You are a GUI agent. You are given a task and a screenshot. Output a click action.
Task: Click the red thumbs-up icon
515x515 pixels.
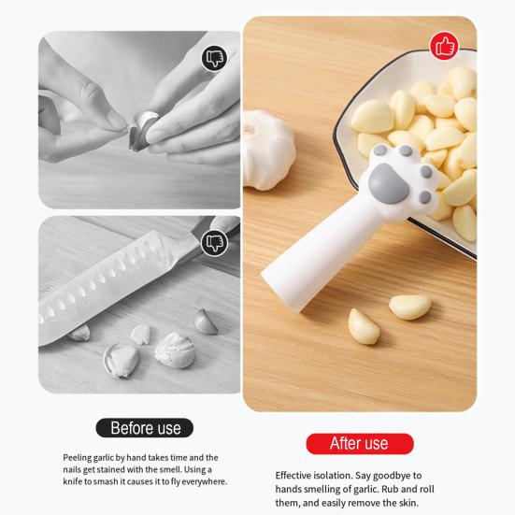click(x=444, y=46)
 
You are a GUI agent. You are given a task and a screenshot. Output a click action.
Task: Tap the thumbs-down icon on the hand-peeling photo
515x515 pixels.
click(x=214, y=59)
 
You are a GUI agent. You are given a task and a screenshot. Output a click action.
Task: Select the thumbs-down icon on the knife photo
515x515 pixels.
click(x=215, y=243)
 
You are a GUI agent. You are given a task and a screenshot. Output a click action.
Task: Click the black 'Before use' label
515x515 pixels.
click(x=145, y=428)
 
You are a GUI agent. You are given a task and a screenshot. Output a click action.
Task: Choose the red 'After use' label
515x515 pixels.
click(x=359, y=443)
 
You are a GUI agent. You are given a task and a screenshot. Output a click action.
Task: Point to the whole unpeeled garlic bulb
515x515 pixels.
click(x=268, y=148)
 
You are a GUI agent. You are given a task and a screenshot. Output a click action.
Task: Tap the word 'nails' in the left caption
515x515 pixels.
click(x=74, y=469)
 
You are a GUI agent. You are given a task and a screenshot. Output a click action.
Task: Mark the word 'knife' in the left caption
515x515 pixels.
click(x=76, y=481)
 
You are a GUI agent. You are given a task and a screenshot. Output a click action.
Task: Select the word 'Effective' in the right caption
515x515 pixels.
click(x=298, y=475)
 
